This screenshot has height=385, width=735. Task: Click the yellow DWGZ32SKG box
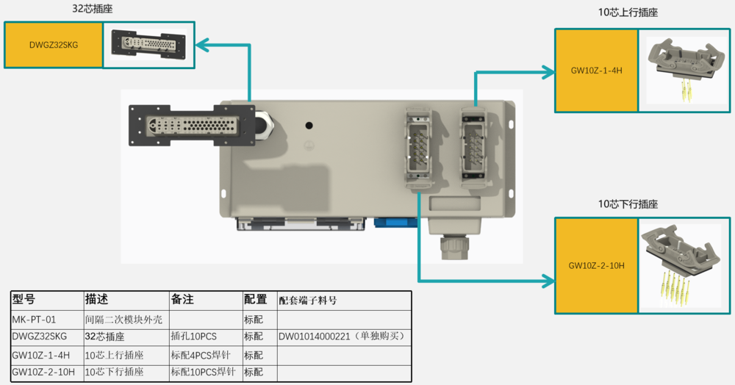click(53, 45)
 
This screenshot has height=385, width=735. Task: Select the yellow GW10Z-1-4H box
click(596, 71)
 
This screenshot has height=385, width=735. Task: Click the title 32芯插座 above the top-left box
click(93, 10)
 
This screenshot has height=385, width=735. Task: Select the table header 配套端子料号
click(309, 301)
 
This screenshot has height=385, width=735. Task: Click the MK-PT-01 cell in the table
click(35, 320)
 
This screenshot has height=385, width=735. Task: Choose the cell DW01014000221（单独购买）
click(342, 337)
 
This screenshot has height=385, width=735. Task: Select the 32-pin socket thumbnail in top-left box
click(148, 44)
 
